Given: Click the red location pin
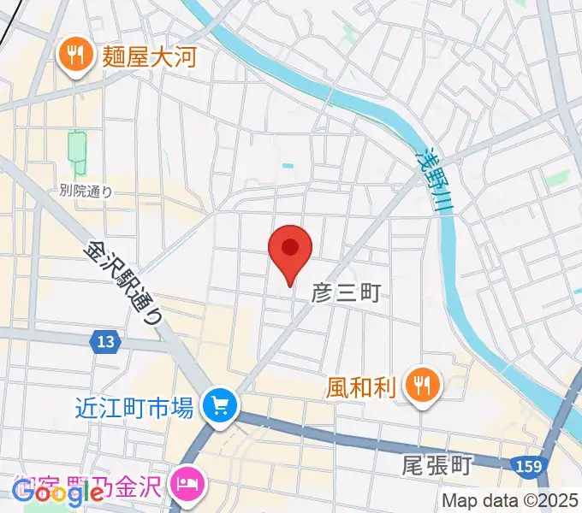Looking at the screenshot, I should click(290, 250).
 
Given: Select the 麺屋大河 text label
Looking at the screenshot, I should click(151, 57).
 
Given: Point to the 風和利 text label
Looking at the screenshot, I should click(360, 388).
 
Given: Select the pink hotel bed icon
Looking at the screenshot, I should click(187, 484).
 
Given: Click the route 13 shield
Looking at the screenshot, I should click(104, 341).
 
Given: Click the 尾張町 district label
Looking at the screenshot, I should click(436, 466).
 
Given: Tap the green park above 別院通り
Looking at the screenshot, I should click(77, 150).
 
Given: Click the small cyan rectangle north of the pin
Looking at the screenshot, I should click(288, 165).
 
